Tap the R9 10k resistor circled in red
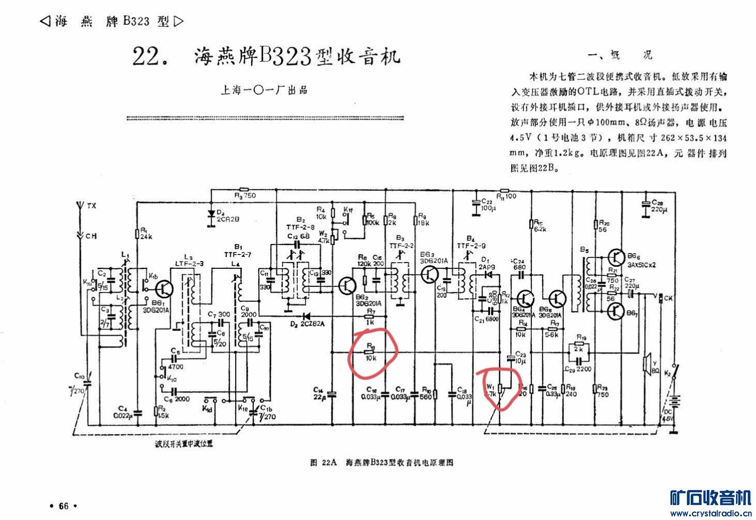click(x=370, y=352)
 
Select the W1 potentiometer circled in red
click(x=500, y=388)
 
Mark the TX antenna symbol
click(x=80, y=206)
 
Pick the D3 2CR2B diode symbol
click(x=211, y=213)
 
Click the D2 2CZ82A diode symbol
click(x=306, y=315)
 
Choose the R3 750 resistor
click(x=244, y=190)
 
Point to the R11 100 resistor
click(x=505, y=190)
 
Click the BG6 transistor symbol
click(x=617, y=256)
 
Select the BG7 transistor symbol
click(x=617, y=310)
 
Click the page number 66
click(x=63, y=506)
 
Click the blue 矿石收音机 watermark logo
click(x=710, y=498)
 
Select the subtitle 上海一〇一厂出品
click(x=264, y=90)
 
